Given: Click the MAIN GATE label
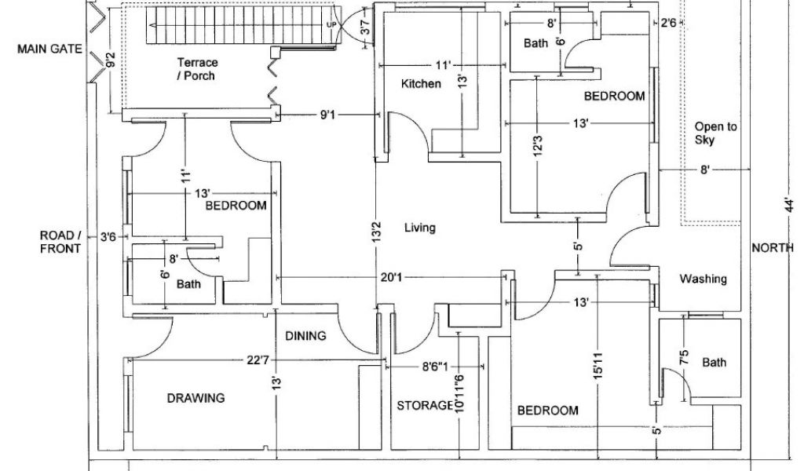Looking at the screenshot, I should pos(50,49).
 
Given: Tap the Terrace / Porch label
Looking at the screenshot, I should pos(197,69).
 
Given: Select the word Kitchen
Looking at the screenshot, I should pos(421,84).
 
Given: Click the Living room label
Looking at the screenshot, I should pos(419,228).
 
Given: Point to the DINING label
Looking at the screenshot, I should pos(305,337).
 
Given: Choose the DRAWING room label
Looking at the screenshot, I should pos(196,398).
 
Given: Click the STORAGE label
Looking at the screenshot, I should pos(425,406).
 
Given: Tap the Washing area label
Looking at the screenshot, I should pos(703,279).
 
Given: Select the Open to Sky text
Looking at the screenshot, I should pos(715,133).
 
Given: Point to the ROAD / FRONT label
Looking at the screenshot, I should pos(60,243).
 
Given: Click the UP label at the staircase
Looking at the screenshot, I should pos(331,24).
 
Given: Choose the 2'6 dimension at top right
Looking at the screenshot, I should pos(668,24).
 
